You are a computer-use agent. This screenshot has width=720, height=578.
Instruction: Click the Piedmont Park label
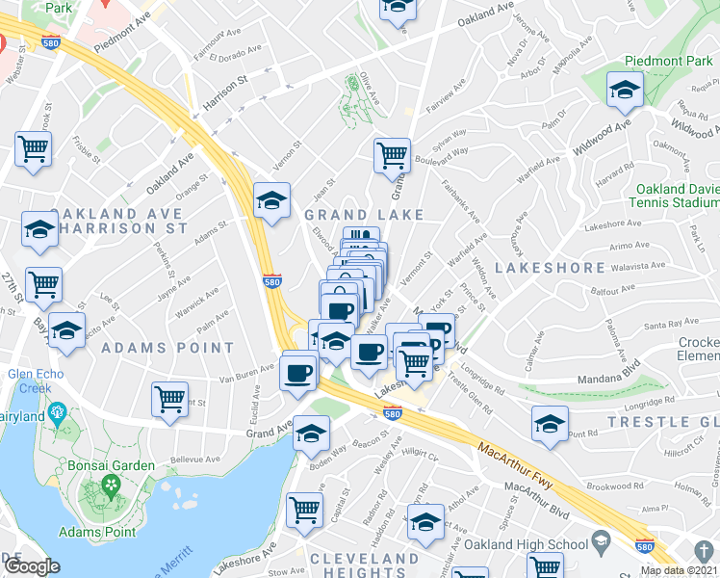660,60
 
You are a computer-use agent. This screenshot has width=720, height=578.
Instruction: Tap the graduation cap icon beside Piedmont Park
625,92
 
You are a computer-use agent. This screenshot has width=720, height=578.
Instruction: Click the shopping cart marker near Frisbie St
33,150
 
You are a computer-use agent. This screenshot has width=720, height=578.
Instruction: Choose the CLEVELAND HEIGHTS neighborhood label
365,567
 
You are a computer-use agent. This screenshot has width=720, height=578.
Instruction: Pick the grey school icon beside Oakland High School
602,544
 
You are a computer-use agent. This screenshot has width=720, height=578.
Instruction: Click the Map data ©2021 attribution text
680,570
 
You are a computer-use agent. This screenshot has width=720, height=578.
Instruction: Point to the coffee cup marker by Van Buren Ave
299,371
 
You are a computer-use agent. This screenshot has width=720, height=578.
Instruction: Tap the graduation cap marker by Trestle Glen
550,423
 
